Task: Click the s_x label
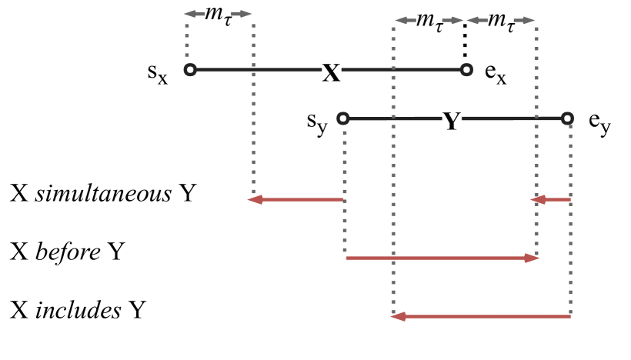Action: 159,75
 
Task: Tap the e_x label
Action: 495,75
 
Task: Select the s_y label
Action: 316,122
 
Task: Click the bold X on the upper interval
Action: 330,72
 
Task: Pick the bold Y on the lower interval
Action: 452,121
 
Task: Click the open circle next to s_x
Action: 191,70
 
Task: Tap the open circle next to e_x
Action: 466,70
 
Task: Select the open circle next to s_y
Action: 343,118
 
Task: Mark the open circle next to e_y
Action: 567,118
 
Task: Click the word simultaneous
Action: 104,193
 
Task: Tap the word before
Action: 68,252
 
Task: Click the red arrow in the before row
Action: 442,258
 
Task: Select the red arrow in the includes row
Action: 481,315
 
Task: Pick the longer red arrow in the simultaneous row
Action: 295,199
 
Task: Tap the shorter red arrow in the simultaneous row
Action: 551,199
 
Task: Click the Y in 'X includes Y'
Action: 138,309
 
